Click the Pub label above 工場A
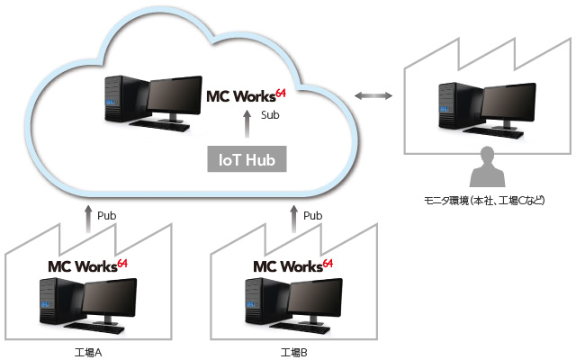click(x=106, y=216)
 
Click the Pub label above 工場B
click(x=312, y=216)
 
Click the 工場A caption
click(x=90, y=351)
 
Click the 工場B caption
click(x=294, y=351)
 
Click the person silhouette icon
click(x=487, y=164)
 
